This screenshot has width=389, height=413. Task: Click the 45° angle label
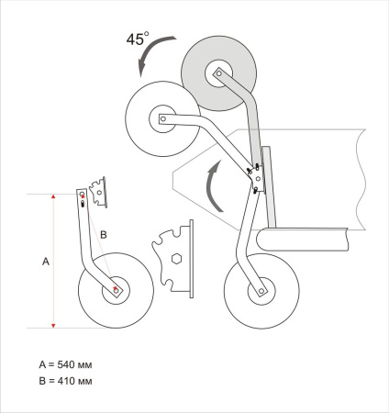[138, 39]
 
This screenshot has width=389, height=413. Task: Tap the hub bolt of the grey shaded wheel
[218, 73]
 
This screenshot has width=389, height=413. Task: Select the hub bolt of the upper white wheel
[163, 118]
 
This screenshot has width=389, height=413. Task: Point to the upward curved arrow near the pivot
[211, 186]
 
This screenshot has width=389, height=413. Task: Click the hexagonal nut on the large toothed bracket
[176, 259]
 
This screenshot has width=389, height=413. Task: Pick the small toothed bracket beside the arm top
[98, 192]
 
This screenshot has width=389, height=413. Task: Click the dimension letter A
[46, 262]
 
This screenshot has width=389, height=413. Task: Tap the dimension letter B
[104, 235]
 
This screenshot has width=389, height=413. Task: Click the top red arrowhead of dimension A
[53, 196]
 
